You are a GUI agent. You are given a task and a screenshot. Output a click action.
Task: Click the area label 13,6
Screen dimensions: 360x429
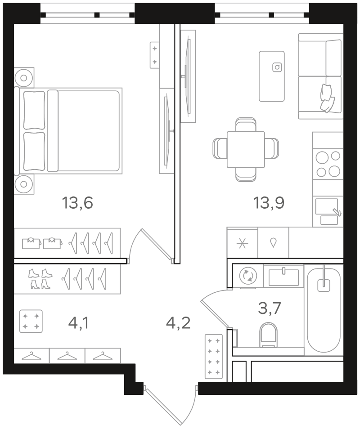click(x=77, y=203)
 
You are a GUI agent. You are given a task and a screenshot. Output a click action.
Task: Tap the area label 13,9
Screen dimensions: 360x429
click(x=269, y=203)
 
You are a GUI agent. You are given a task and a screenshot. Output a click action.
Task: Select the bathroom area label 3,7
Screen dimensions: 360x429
click(x=270, y=308)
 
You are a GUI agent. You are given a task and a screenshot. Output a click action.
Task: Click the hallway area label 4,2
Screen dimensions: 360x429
click(x=178, y=323)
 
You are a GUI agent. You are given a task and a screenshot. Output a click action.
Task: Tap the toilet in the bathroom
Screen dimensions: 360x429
click(x=268, y=335)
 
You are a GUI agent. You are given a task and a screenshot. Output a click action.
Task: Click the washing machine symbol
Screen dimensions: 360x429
click(x=248, y=276)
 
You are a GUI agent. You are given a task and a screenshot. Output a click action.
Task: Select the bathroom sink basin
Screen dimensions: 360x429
click(x=283, y=277)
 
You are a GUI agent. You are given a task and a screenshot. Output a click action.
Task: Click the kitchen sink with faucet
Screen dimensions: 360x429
click(x=328, y=211)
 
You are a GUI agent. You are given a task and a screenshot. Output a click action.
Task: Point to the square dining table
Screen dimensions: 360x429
click(x=246, y=149)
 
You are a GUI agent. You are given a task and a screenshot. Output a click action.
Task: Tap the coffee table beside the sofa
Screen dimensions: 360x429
click(x=271, y=76)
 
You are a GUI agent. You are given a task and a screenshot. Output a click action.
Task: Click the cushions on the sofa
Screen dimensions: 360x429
click(x=327, y=98)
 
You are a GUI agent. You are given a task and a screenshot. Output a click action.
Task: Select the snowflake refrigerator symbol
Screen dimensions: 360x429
click(x=242, y=243)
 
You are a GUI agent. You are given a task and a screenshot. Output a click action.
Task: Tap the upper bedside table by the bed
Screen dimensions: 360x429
click(x=24, y=78)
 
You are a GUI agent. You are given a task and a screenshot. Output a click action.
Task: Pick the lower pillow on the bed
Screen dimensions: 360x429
click(x=34, y=151)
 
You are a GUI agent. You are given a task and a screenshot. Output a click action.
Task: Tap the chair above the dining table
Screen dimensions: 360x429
click(x=246, y=125)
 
